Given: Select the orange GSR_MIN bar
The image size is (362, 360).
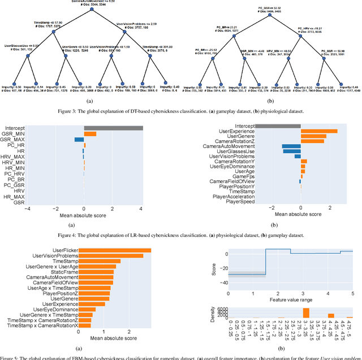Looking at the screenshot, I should click(90, 134).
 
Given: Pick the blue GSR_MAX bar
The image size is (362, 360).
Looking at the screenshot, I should click(79, 140).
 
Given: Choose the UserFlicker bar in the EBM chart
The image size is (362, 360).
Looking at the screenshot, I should click(115, 250).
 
